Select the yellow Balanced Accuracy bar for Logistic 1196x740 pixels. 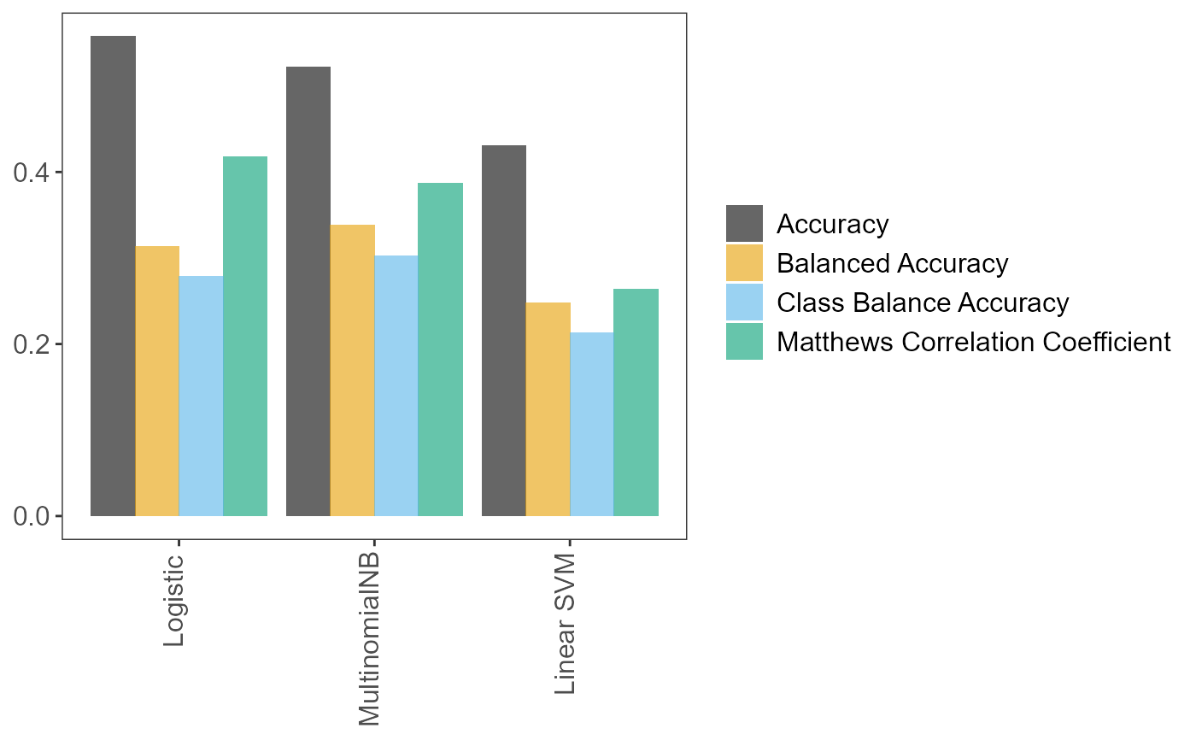click(157, 381)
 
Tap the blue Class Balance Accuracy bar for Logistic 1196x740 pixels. click(201, 396)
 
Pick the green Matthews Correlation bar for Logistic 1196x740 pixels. click(245, 336)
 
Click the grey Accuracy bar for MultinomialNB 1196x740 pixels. click(308, 291)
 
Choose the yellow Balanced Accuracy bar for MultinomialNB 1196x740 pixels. click(352, 370)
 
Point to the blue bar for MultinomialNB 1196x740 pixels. click(396, 385)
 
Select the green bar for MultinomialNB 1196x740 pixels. click(441, 349)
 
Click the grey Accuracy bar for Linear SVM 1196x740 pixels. click(504, 331)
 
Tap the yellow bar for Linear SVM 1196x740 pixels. click(548, 409)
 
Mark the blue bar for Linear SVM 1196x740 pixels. click(592, 424)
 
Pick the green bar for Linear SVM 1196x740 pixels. click(636, 402)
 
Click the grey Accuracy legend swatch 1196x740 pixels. click(744, 224)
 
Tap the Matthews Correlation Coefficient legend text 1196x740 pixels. click(973, 342)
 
